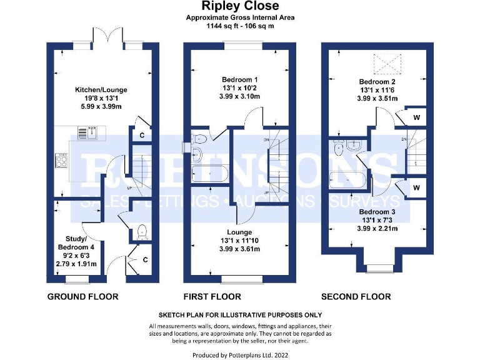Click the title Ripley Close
point(239,7)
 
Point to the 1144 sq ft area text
point(239,26)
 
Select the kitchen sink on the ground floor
point(86,132)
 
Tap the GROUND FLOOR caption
point(82,296)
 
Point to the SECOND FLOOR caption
point(356,296)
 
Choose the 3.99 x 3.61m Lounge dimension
point(239,249)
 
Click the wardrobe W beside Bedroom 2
point(416,117)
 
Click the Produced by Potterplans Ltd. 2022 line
point(240,354)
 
